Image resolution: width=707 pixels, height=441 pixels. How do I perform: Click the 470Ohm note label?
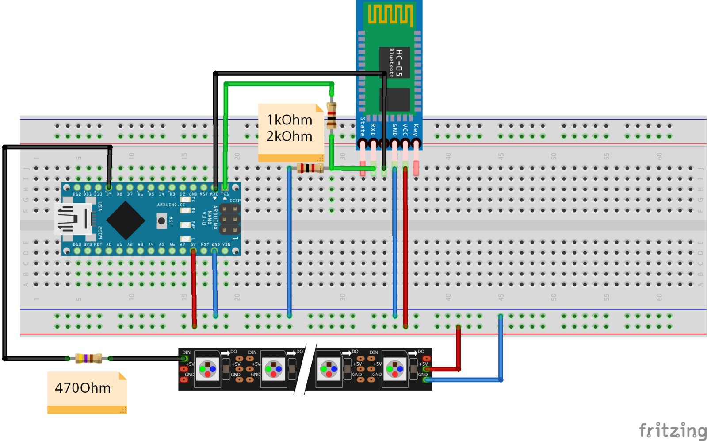pyautogui.click(x=83, y=388)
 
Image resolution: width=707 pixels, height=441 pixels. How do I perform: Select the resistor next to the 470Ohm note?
pyautogui.click(x=88, y=358)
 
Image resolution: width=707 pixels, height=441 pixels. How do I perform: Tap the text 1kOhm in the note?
pyautogui.click(x=289, y=120)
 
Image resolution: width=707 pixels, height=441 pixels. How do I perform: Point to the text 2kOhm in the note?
pyautogui.click(x=289, y=136)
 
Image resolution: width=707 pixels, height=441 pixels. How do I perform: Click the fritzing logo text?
pyautogui.click(x=673, y=430)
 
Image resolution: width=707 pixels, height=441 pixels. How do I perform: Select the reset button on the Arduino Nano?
pyautogui.click(x=161, y=220)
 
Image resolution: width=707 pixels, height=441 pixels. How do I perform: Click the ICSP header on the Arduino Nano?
pyautogui.click(x=229, y=219)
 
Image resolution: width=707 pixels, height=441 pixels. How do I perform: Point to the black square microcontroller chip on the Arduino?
pyautogui.click(x=126, y=220)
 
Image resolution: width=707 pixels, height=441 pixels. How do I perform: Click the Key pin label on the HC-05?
pyautogui.click(x=416, y=129)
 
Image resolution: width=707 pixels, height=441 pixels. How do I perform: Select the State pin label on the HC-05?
pyautogui.click(x=363, y=126)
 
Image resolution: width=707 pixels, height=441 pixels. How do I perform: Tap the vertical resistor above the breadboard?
pyautogui.click(x=331, y=116)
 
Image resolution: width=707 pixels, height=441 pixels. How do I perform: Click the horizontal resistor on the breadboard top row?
pyautogui.click(x=310, y=168)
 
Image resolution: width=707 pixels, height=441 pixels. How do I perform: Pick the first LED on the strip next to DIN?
pyautogui.click(x=207, y=369)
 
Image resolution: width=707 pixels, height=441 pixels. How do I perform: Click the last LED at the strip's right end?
pyautogui.click(x=395, y=369)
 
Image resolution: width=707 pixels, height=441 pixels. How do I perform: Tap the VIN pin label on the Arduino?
pyautogui.click(x=226, y=244)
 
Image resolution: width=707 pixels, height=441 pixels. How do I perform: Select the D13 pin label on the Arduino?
pyautogui.click(x=77, y=244)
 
